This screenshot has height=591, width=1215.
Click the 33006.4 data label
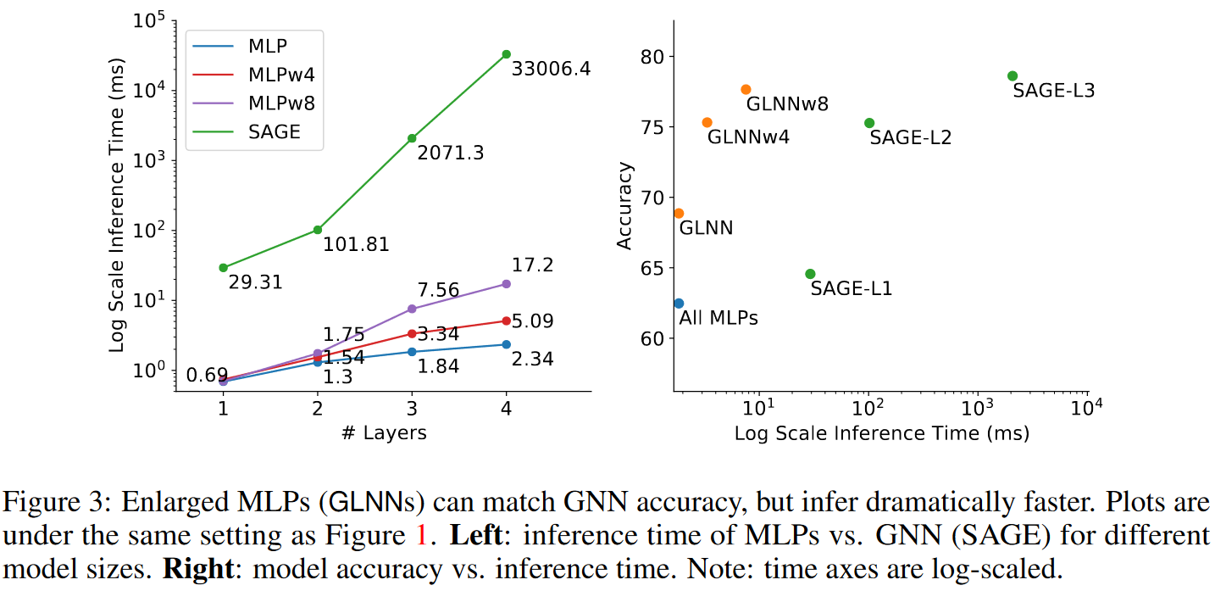(x=551, y=69)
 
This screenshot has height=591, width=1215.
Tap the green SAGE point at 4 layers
(x=506, y=54)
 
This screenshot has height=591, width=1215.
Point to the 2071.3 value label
(x=451, y=153)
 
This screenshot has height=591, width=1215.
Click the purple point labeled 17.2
(x=506, y=283)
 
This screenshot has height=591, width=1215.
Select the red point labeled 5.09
(x=506, y=321)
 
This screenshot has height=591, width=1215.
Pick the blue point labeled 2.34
(x=506, y=344)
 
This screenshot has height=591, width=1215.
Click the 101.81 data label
(x=356, y=245)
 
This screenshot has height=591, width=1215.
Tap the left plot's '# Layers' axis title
(x=384, y=433)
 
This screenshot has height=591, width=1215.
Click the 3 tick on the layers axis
(x=412, y=408)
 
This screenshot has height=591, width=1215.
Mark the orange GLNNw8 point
(x=746, y=89)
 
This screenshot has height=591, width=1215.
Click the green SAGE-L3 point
(x=1012, y=75)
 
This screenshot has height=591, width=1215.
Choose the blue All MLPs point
(x=679, y=303)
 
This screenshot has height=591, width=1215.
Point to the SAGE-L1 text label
(x=851, y=288)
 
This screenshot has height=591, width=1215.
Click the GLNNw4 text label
(x=748, y=136)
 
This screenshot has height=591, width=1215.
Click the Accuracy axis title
(x=625, y=206)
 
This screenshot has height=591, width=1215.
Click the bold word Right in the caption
(x=197, y=568)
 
